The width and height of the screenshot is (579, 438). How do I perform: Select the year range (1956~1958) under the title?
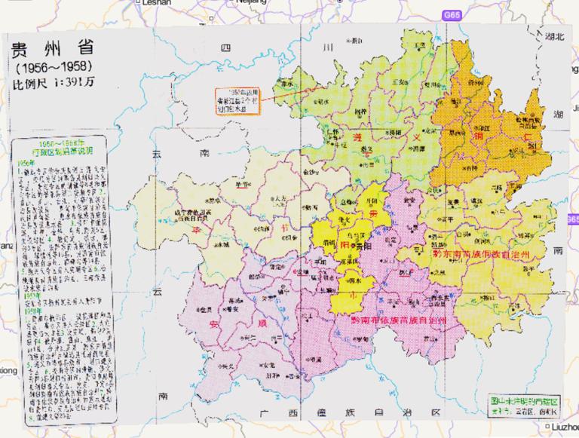[x=50, y=69]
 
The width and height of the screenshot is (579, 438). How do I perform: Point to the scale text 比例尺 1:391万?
[x=51, y=84]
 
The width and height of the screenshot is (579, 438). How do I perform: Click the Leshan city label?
[x=156, y=3]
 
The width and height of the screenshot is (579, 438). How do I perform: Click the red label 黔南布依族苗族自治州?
[x=400, y=320]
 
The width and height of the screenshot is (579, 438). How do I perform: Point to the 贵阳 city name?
[x=365, y=246]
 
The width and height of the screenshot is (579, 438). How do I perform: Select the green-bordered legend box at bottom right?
[x=519, y=408]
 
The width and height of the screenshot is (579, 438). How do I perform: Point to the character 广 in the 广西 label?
[x=263, y=414]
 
